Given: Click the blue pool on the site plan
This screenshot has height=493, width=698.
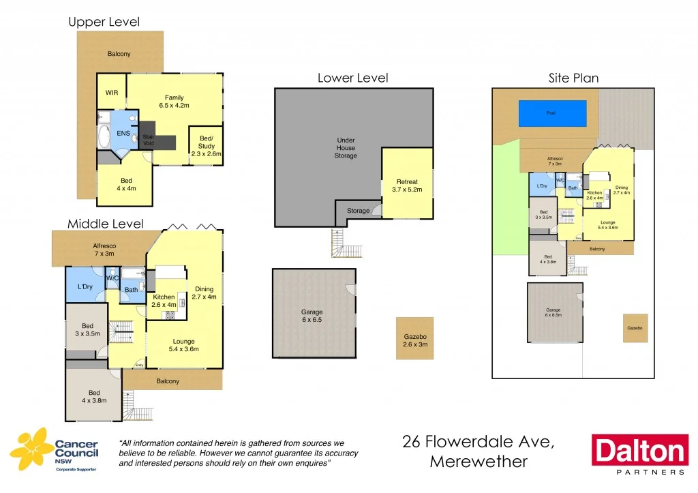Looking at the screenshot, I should click(552, 113).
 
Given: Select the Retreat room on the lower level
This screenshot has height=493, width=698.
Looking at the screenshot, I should click(406, 185).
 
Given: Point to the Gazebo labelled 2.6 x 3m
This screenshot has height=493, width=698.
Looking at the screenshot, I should click(414, 340).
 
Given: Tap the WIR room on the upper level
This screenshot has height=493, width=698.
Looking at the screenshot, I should click(111, 93).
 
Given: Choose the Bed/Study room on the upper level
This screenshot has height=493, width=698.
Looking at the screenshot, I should click(206, 145).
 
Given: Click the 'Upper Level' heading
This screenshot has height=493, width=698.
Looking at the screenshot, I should click(104, 22).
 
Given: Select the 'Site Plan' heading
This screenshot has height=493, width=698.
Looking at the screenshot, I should click(573, 78).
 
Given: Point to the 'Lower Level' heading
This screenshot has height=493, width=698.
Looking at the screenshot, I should click(352, 78).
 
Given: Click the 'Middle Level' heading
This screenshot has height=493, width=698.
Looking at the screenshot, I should click(105, 224).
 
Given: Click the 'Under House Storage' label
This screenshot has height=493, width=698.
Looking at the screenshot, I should click(346, 148).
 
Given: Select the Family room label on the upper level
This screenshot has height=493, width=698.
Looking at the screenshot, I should click(174, 102).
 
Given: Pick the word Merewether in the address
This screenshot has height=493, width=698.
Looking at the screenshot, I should click(479, 462).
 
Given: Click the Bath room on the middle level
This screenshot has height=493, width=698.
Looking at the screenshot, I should click(131, 289).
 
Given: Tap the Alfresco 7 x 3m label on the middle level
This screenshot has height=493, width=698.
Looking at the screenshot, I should click(104, 249).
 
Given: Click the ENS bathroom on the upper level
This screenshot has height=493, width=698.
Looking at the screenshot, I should click(123, 133).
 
